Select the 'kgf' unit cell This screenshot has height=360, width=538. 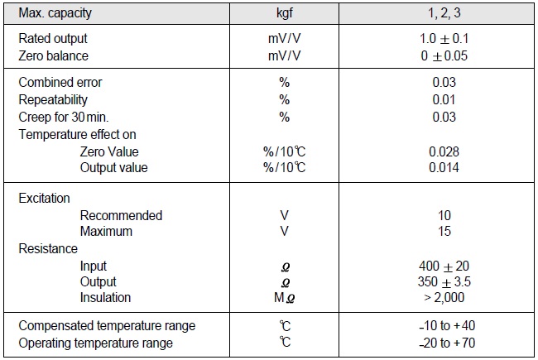click(284, 14)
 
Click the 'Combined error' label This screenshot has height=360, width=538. click(60, 83)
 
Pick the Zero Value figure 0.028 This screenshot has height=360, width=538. click(444, 151)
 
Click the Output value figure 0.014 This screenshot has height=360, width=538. click(444, 167)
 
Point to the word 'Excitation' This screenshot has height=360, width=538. click(44, 199)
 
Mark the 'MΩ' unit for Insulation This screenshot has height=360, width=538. click(283, 297)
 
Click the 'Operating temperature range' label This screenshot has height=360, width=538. click(95, 343)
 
